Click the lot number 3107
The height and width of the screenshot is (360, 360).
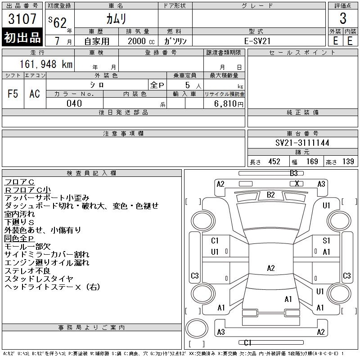point(22,19)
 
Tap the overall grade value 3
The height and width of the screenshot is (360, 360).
point(343,19)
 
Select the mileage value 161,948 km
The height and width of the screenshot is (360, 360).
point(45,64)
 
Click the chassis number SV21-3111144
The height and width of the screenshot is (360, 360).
point(302,143)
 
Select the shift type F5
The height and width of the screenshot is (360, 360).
point(13,94)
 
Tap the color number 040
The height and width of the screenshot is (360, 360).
point(74,103)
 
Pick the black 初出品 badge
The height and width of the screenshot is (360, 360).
point(22,38)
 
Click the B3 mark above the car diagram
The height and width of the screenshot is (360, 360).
point(294,173)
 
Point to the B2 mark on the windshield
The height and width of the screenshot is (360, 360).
point(271,195)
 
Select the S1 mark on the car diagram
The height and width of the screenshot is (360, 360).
point(327,241)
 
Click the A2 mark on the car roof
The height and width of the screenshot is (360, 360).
point(271,268)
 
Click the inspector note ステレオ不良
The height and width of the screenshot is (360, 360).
point(29,270)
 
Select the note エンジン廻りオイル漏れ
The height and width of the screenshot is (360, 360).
point(47,262)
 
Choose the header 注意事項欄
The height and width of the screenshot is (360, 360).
point(123,134)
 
